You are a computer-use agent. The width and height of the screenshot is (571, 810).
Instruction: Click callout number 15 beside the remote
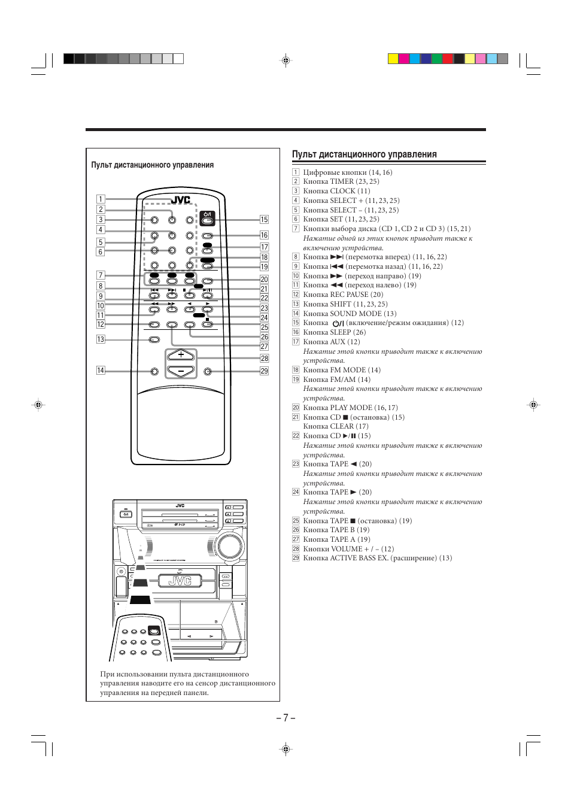coord(264,220)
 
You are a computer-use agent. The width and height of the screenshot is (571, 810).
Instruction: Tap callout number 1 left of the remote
coord(101,199)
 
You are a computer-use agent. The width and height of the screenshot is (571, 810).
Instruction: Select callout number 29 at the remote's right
coord(264,371)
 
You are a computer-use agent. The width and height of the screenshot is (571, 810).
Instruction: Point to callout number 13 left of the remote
coord(101,339)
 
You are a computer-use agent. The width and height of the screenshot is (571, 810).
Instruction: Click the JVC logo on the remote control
coord(181,201)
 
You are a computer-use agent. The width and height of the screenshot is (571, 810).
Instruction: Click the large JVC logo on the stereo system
coord(180,581)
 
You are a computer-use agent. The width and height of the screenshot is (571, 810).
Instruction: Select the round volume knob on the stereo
coord(227,546)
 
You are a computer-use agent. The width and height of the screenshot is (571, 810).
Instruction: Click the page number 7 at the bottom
coord(285,718)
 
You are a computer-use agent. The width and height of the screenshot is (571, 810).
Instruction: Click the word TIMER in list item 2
coord(342,181)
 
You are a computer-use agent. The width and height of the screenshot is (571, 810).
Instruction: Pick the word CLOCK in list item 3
coord(343,191)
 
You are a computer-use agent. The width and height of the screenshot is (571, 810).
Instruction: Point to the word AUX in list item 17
coord(338,342)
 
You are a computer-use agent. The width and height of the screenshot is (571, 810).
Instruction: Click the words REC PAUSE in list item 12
coord(350,295)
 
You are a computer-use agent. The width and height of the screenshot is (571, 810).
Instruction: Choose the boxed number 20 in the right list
coord(296,408)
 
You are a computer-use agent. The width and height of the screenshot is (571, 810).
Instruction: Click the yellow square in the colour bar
coord(393,59)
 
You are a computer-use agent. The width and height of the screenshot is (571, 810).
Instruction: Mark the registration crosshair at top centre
coord(285,60)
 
